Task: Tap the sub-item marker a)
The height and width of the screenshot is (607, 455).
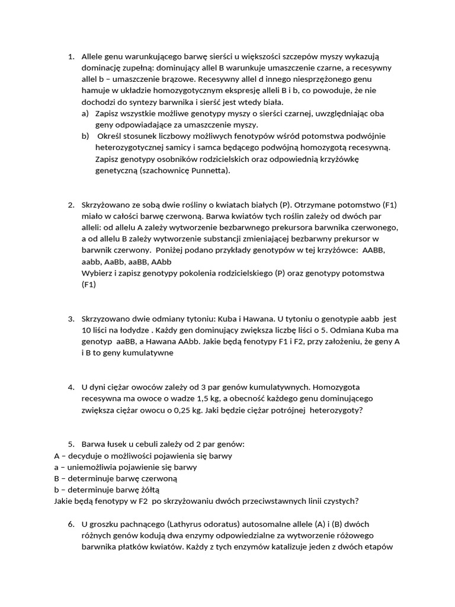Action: pyautogui.click(x=85, y=114)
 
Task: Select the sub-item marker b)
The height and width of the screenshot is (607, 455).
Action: pyautogui.click(x=85, y=136)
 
